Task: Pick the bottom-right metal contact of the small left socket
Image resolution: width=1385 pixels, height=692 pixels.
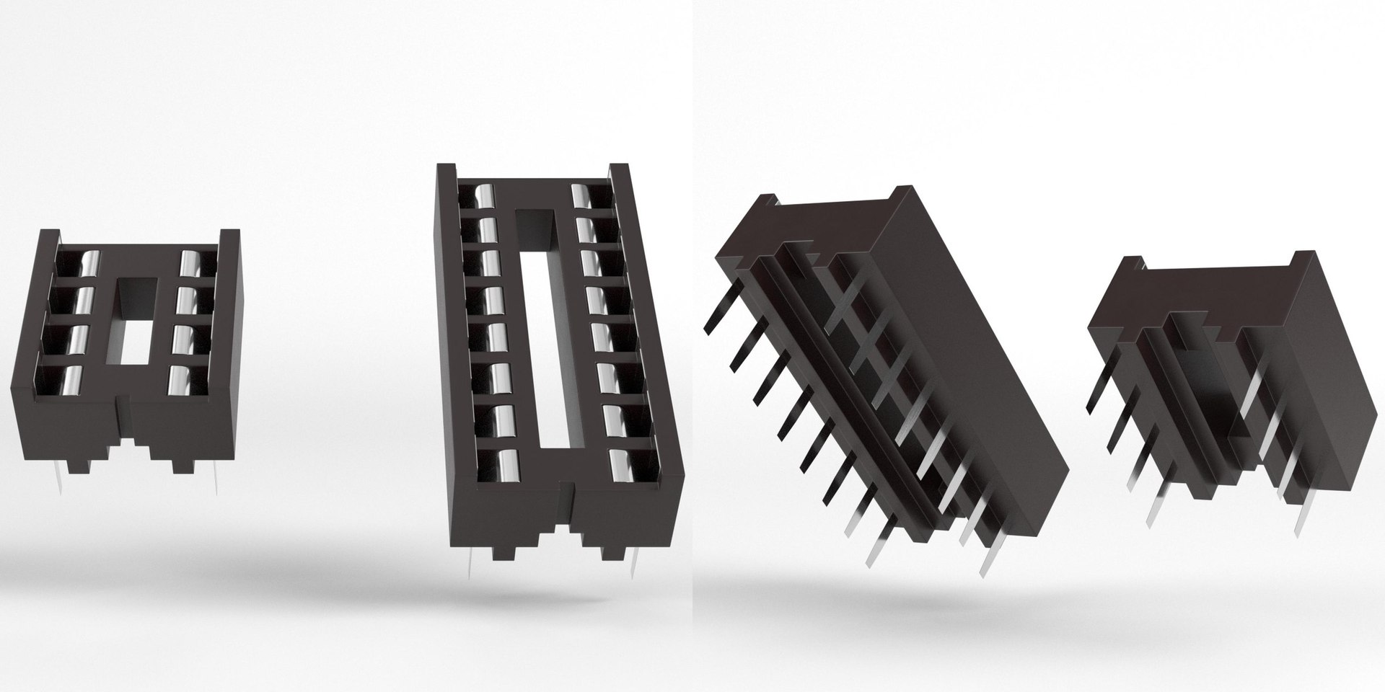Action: (x=178, y=380)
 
